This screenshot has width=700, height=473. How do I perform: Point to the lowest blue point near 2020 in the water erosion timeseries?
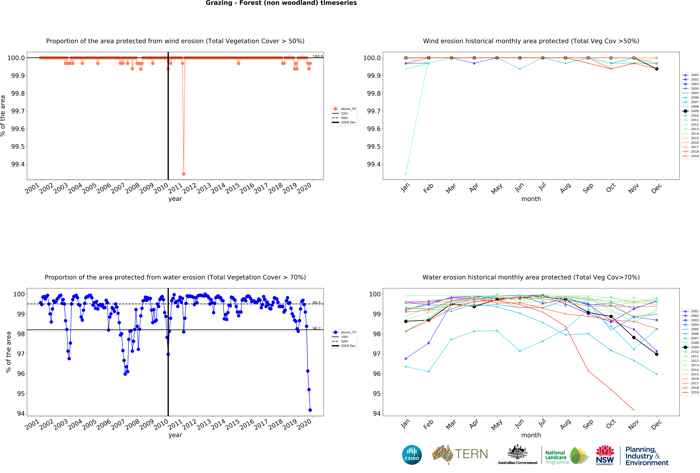point(310,410)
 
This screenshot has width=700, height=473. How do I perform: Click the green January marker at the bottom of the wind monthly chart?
point(406,174)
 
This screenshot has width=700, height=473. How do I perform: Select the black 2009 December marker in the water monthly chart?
point(657,354)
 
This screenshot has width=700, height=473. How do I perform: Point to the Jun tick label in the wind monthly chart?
point(519,188)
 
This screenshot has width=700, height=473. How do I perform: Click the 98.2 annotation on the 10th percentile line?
point(316,328)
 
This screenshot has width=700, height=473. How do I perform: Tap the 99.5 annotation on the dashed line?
point(316,303)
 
